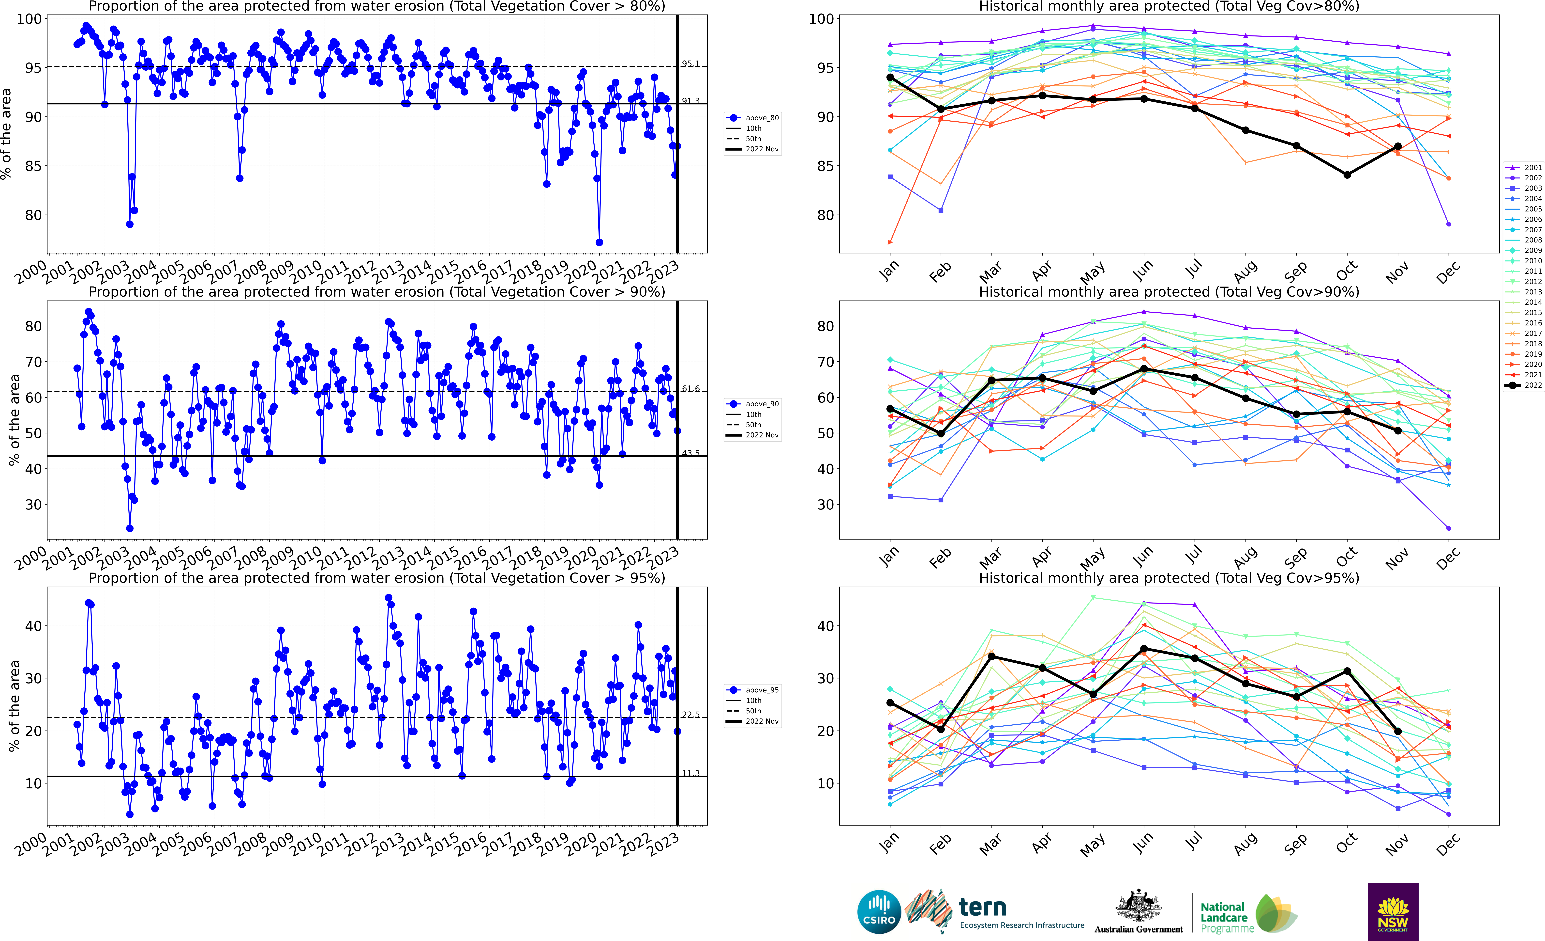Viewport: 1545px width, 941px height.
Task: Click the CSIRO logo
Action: (879, 911)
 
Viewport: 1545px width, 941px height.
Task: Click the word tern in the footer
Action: (983, 907)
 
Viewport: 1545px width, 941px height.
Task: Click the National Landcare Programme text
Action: (1223, 917)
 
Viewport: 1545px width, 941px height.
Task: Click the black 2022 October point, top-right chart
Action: (1347, 175)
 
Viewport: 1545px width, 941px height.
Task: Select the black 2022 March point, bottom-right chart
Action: (991, 656)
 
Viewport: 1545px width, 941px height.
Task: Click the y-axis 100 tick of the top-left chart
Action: (29, 19)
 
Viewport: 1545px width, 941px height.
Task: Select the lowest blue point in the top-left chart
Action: (599, 242)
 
